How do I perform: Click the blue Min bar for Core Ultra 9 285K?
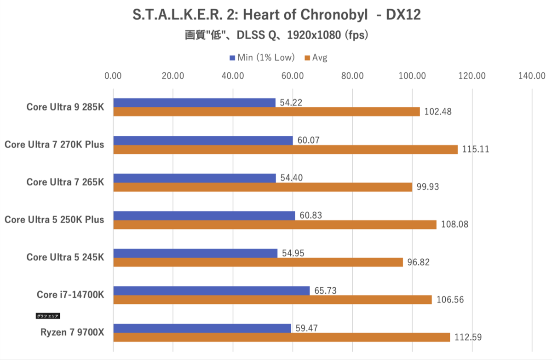click(x=194, y=103)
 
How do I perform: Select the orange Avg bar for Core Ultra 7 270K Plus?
click(x=285, y=149)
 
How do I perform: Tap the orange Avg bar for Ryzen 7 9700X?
click(x=282, y=337)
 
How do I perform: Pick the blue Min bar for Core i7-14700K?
click(x=212, y=290)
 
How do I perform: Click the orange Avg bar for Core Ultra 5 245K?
click(x=258, y=262)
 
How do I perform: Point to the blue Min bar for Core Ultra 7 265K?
click(x=195, y=178)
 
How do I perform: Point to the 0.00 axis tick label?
click(x=113, y=76)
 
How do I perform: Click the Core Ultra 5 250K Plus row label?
click(x=54, y=220)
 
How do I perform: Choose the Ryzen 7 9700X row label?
click(x=71, y=333)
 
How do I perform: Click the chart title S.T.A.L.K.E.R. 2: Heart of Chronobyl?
click(x=276, y=15)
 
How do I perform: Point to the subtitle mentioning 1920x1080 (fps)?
click(x=276, y=35)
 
